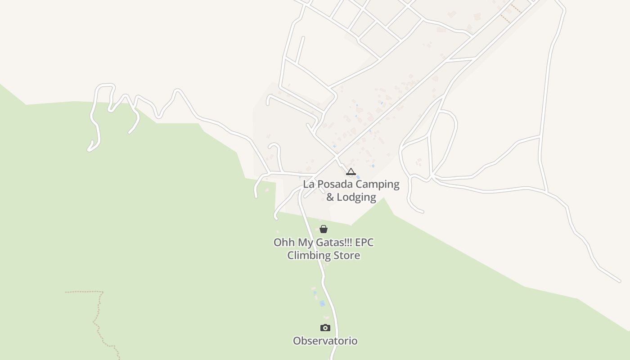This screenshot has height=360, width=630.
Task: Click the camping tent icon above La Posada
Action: coord(351,171)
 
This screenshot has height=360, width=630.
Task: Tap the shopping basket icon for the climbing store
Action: coord(324,229)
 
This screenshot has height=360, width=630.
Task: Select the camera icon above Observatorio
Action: coord(325,328)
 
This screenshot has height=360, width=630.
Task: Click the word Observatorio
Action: coord(325,341)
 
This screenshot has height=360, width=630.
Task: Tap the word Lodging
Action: coord(358,197)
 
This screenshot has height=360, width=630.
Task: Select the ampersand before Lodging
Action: coord(330,197)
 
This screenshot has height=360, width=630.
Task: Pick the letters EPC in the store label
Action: coord(364,242)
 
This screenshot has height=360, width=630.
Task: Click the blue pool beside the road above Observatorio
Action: coord(322,304)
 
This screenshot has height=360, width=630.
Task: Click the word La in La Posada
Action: coord(308,184)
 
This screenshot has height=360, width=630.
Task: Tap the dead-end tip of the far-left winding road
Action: coord(89,149)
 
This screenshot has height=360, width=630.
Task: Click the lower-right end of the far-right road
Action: coord(619,281)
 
